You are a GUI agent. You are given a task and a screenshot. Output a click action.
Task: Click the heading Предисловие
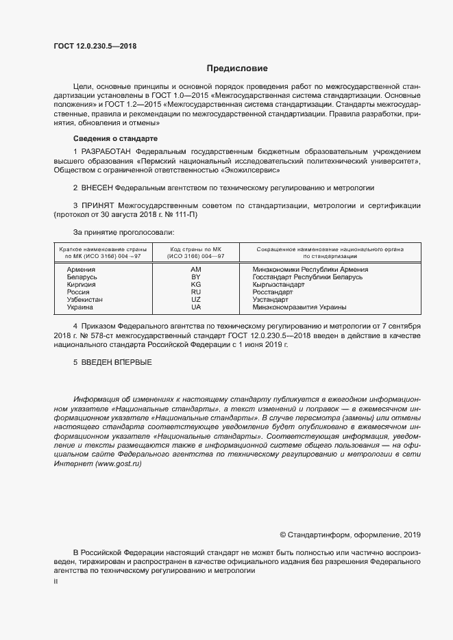237,68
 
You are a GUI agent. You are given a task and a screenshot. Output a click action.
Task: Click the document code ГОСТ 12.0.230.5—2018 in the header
95,47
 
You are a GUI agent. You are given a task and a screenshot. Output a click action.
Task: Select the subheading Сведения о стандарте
111,138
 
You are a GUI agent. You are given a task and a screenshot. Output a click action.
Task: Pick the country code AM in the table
196,270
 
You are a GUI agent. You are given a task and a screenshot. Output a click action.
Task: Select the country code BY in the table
196,277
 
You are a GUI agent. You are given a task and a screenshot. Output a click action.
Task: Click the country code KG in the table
196,285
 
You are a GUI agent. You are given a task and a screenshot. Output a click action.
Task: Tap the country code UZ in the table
196,300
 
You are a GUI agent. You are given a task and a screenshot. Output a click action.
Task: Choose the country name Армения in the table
81,270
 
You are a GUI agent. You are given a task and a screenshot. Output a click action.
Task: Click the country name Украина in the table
81,307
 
